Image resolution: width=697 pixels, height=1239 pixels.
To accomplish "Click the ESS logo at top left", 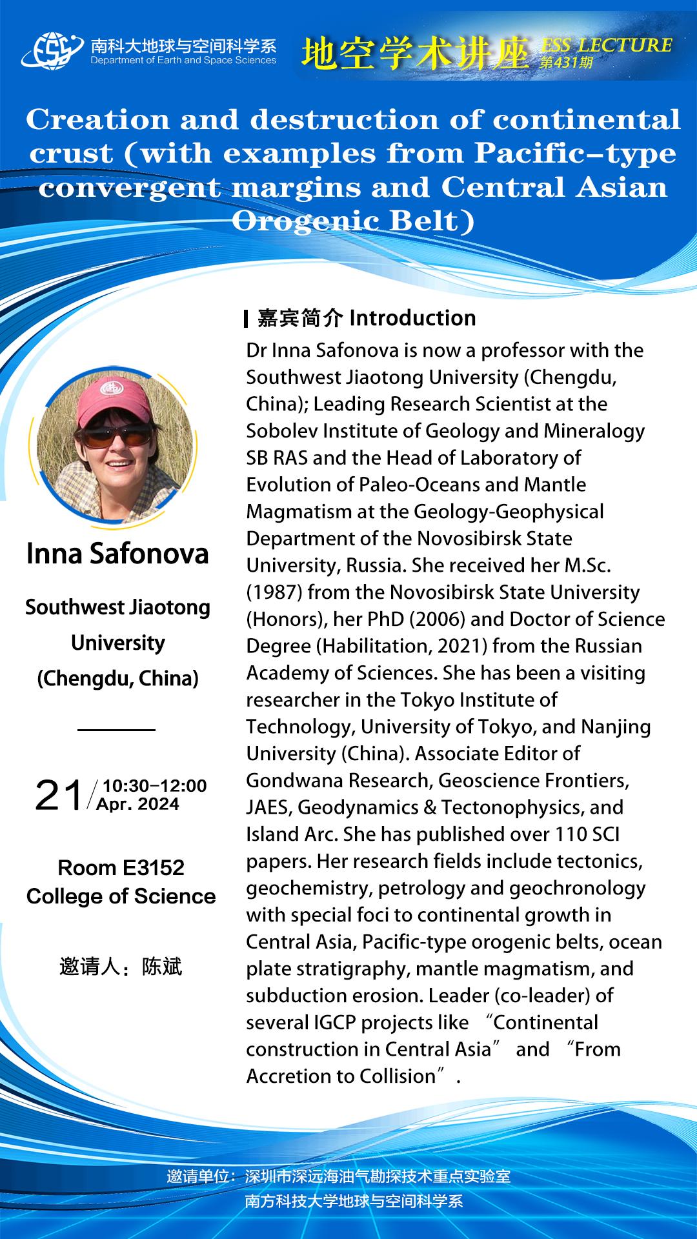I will [52, 50].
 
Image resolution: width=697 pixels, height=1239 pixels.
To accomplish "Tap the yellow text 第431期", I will [566, 63].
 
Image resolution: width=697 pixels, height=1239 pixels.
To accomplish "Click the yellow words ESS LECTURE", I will [607, 45].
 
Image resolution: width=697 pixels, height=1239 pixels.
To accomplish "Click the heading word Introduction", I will [412, 318].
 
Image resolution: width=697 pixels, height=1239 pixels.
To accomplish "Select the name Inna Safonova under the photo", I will [117, 554].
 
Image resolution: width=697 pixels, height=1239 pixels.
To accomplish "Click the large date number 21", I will [59, 795].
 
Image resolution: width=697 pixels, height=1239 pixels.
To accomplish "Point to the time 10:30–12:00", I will [155, 785].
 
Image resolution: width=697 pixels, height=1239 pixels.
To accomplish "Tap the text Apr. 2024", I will [137, 804].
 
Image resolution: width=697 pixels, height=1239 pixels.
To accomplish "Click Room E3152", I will [121, 867].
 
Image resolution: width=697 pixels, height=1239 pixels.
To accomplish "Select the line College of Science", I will [121, 896].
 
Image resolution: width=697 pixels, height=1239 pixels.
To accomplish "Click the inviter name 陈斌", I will [162, 967].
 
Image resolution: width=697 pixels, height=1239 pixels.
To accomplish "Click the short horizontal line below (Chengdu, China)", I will [116, 730].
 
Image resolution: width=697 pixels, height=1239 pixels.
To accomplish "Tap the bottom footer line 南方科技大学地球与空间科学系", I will [354, 1201].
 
